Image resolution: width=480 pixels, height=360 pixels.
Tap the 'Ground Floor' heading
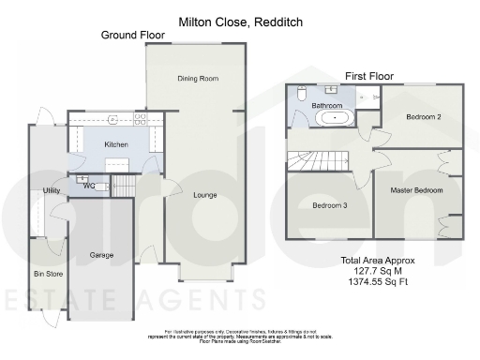[133, 35]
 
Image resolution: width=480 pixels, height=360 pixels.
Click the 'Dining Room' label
[198, 79]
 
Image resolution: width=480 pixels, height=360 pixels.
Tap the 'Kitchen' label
[116, 145]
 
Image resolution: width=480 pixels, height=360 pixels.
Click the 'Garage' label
[101, 255]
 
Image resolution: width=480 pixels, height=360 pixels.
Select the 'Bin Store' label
[46, 273]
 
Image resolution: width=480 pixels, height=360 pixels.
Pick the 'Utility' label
[52, 192]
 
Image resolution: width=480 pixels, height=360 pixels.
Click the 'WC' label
[89, 186]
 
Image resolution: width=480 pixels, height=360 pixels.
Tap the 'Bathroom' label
[326, 107]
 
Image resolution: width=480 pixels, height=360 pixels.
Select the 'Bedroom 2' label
[424, 116]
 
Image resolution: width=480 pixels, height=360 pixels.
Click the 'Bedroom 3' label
[330, 206]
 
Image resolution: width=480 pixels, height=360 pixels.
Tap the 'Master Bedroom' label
[416, 190]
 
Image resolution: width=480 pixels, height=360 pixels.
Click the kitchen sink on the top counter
[112, 119]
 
